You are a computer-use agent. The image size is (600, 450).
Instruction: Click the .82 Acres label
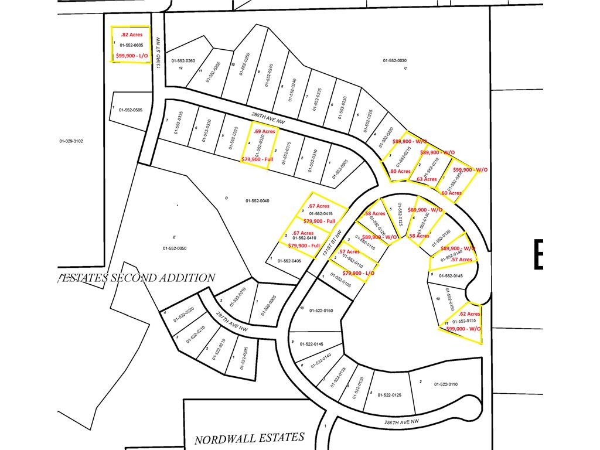[x=131, y=35]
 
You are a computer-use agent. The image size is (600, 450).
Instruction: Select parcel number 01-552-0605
[x=131, y=45]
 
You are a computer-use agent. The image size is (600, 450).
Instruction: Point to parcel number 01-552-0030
[x=394, y=60]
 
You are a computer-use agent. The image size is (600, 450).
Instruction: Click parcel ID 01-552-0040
[x=257, y=201]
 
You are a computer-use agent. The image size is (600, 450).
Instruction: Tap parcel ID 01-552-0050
[x=174, y=248]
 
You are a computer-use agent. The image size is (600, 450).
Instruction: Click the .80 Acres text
[x=400, y=171]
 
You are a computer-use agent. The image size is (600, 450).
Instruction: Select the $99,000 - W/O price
[x=463, y=329]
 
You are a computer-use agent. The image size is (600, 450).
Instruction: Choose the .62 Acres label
[x=469, y=313]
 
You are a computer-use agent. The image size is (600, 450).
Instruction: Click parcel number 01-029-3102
[x=71, y=141]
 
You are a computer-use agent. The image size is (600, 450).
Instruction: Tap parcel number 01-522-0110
[x=445, y=384]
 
